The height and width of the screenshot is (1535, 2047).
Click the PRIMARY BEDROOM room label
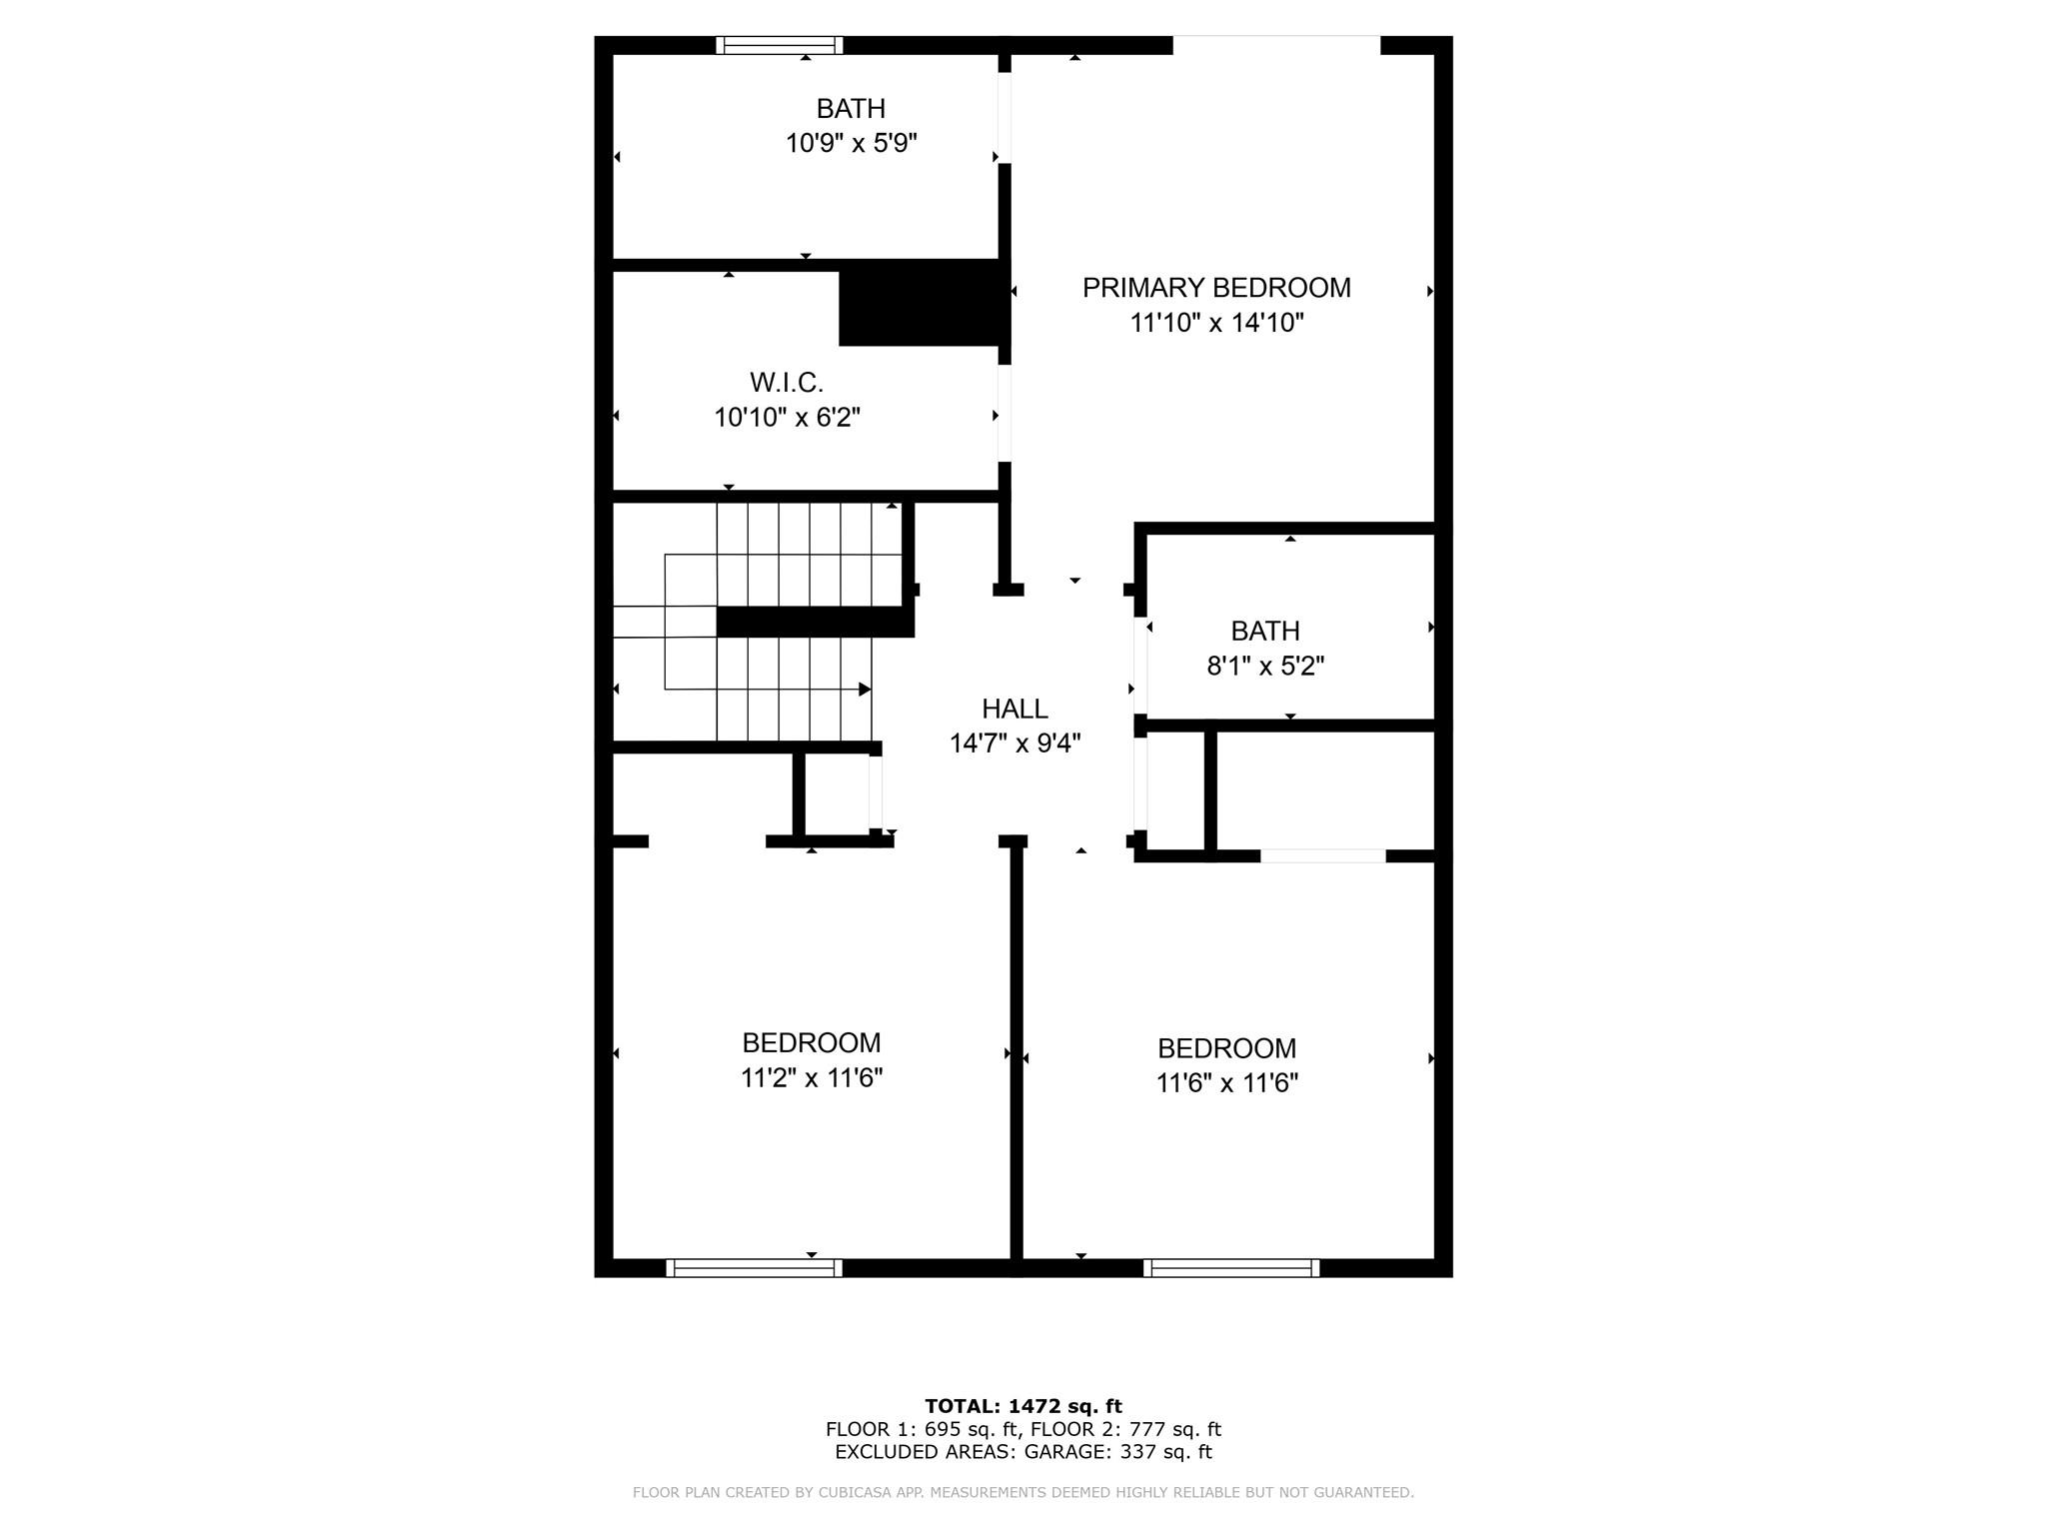coord(1216,288)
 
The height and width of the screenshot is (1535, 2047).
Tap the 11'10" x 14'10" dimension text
coord(1216,323)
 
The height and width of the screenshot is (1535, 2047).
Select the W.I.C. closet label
coord(787,382)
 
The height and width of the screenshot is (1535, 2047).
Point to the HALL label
coord(1015,709)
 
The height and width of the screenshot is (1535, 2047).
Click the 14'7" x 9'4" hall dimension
coord(1015,744)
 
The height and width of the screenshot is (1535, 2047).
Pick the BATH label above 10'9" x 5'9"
coord(851,108)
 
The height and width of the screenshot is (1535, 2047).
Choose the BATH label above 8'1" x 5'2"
coord(1265,631)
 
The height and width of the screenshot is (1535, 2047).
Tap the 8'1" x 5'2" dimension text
coord(1265,666)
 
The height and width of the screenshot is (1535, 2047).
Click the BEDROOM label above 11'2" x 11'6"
coord(812,1042)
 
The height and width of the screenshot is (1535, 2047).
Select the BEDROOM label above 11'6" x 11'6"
coord(1226,1048)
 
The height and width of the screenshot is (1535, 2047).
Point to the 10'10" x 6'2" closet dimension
coord(787,417)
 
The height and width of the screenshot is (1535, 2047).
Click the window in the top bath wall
coord(780,45)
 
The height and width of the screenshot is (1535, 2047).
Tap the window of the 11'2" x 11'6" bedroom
coord(754,1268)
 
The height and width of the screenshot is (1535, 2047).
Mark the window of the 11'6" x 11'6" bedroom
coord(1231,1268)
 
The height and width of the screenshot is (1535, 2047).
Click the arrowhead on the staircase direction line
coord(866,690)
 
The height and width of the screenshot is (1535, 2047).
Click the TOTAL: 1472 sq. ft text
coord(1023,1406)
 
